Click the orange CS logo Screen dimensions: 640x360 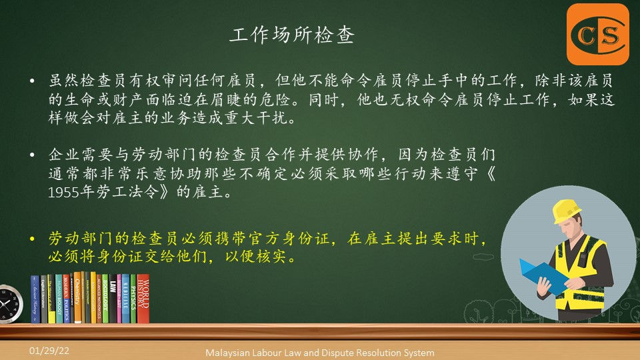[598, 34]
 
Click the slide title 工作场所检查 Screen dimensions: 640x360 [292, 35]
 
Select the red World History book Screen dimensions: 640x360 [143, 299]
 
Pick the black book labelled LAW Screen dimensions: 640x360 [113, 299]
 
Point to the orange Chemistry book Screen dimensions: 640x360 [77, 297]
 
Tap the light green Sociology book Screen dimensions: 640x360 [105, 299]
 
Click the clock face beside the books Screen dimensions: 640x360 [8, 304]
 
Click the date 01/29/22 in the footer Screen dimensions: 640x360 [49, 351]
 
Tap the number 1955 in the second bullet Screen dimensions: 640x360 [63, 192]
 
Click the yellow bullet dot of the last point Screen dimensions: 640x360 [32, 239]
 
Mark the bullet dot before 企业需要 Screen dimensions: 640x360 [32, 155]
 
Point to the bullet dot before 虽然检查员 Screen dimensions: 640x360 [32, 81]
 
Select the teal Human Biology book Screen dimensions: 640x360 [59, 299]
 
